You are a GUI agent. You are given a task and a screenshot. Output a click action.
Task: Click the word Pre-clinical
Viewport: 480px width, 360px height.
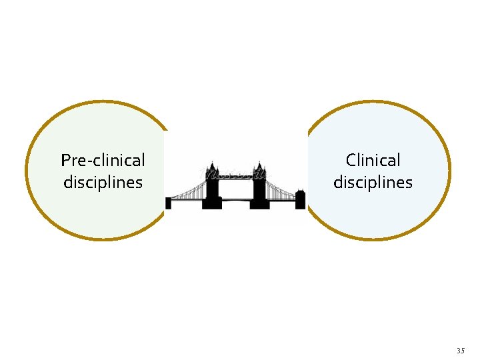[103, 160]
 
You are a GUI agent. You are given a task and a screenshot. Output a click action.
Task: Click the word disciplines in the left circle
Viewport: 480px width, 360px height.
[103, 182]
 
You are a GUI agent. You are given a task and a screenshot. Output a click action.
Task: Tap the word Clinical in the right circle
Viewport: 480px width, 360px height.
[373, 160]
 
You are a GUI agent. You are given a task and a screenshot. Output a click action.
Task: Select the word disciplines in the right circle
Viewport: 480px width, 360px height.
[373, 182]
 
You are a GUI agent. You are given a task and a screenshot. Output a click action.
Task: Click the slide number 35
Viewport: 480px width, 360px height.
[460, 351]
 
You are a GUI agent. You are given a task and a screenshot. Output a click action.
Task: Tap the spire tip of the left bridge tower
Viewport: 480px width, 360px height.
[213, 161]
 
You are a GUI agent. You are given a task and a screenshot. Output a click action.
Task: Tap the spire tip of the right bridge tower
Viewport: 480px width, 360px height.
[259, 161]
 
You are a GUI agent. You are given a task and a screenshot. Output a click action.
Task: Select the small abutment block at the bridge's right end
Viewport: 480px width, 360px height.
[300, 199]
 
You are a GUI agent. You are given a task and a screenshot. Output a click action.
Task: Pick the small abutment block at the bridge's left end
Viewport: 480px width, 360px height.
[168, 203]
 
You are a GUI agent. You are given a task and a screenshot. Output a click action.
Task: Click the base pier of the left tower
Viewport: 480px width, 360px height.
[213, 204]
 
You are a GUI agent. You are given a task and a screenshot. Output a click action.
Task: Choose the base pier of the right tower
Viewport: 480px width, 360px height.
[259, 204]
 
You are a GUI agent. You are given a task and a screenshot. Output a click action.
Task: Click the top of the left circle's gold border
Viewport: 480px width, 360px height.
[97, 103]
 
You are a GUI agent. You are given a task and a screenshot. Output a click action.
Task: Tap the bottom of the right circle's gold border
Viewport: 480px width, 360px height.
[377, 239]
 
